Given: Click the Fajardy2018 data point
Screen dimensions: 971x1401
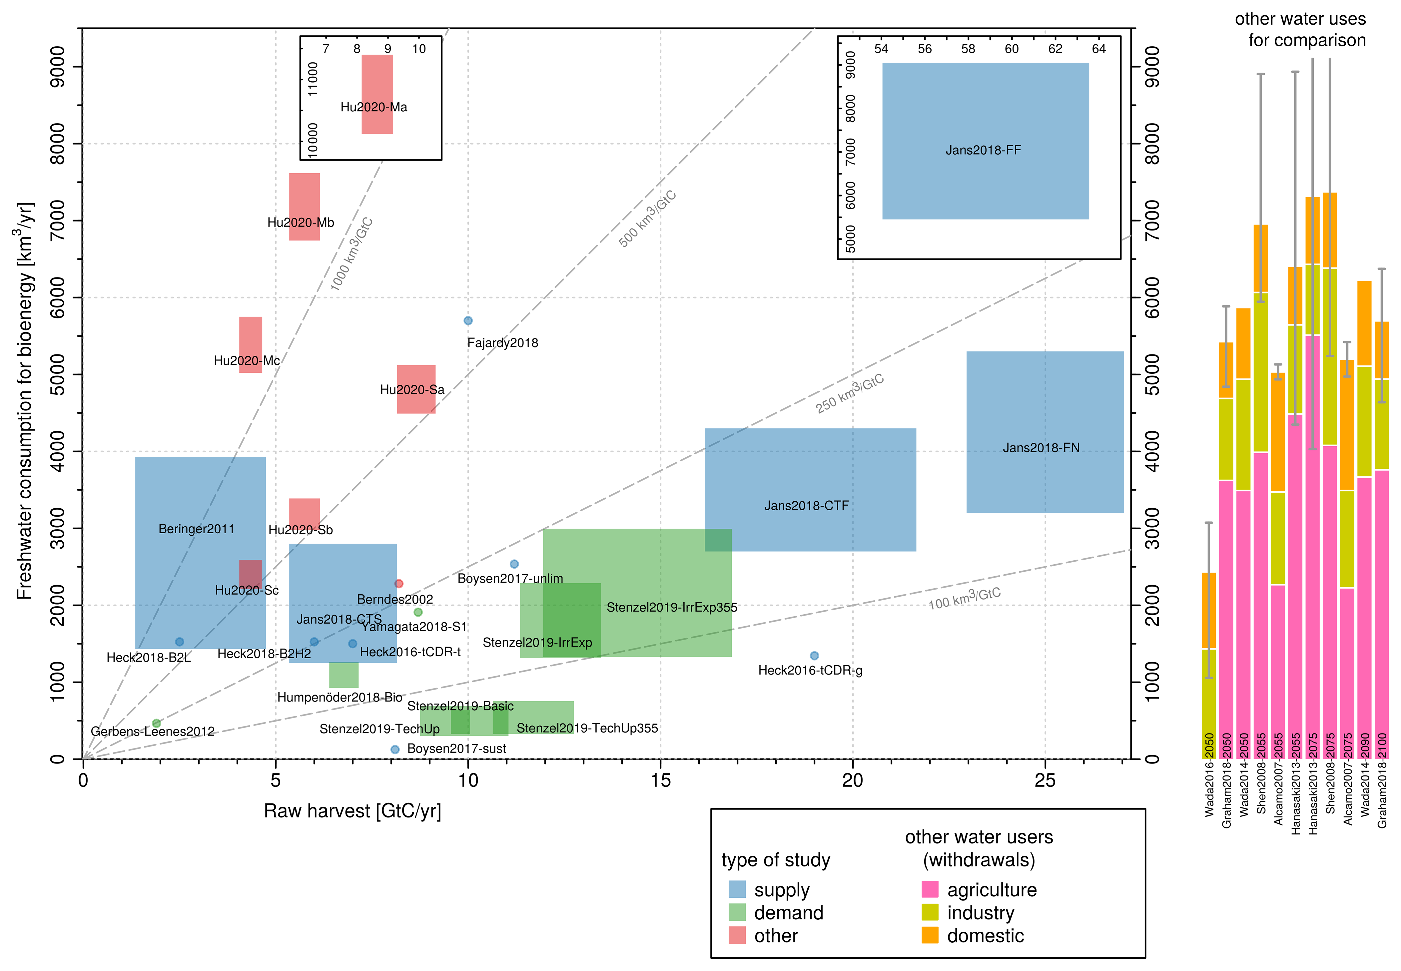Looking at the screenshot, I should click(x=468, y=321).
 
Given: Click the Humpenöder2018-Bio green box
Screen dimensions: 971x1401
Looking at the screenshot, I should click(x=344, y=675).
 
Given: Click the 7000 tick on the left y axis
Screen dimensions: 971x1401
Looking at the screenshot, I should click(x=58, y=220).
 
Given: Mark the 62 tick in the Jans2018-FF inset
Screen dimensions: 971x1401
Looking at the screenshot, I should click(x=1055, y=49).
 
